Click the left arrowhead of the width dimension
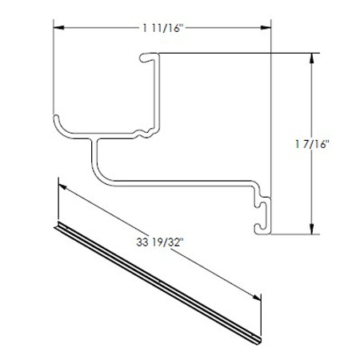[x=58, y=28]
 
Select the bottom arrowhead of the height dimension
[x=310, y=230]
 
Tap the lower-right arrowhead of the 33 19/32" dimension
[x=259, y=297]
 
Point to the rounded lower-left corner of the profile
[x=58, y=125]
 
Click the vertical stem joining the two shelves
[x=94, y=156]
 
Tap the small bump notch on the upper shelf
[x=144, y=129]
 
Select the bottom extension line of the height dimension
[x=292, y=235]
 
